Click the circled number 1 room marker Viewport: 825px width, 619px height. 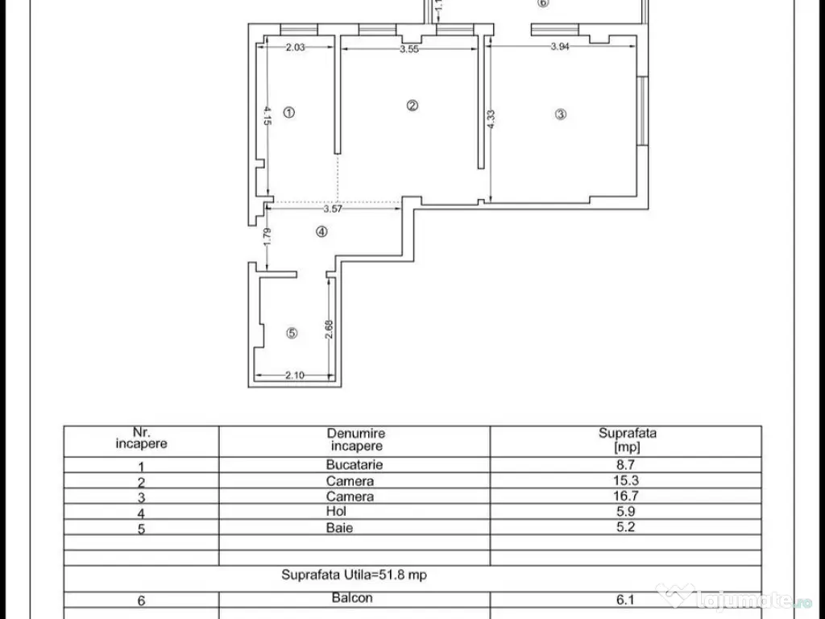pyautogui.click(x=289, y=112)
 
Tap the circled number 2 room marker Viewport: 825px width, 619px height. pyautogui.click(x=412, y=106)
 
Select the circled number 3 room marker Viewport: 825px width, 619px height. pyautogui.click(x=561, y=114)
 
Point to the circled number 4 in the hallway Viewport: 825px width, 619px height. pyautogui.click(x=321, y=231)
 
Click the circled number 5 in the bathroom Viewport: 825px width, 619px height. pyautogui.click(x=292, y=333)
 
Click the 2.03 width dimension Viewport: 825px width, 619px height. pyautogui.click(x=295, y=47)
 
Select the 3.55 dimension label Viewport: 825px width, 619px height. pyautogui.click(x=409, y=49)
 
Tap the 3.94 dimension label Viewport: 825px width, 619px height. pyautogui.click(x=560, y=46)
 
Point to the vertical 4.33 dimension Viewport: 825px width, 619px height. pyautogui.click(x=491, y=119)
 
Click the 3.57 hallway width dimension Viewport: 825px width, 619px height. pyautogui.click(x=333, y=209)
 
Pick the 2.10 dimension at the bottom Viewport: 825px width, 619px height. pyautogui.click(x=295, y=375)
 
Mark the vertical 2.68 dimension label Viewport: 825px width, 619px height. pyautogui.click(x=330, y=330)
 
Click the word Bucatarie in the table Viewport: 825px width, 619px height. pyautogui.click(x=354, y=464)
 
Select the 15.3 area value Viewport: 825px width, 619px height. pyautogui.click(x=625, y=480)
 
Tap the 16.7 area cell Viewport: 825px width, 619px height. pyautogui.click(x=625, y=496)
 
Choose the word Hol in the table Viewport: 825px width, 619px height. pyautogui.click(x=336, y=510)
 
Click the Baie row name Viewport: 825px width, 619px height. pyautogui.click(x=339, y=527)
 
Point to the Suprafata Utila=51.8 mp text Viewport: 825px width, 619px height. pyautogui.click(x=354, y=574)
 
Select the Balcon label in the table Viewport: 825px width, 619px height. pyautogui.click(x=352, y=597)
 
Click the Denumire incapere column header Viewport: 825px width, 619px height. pyautogui.click(x=356, y=439)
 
